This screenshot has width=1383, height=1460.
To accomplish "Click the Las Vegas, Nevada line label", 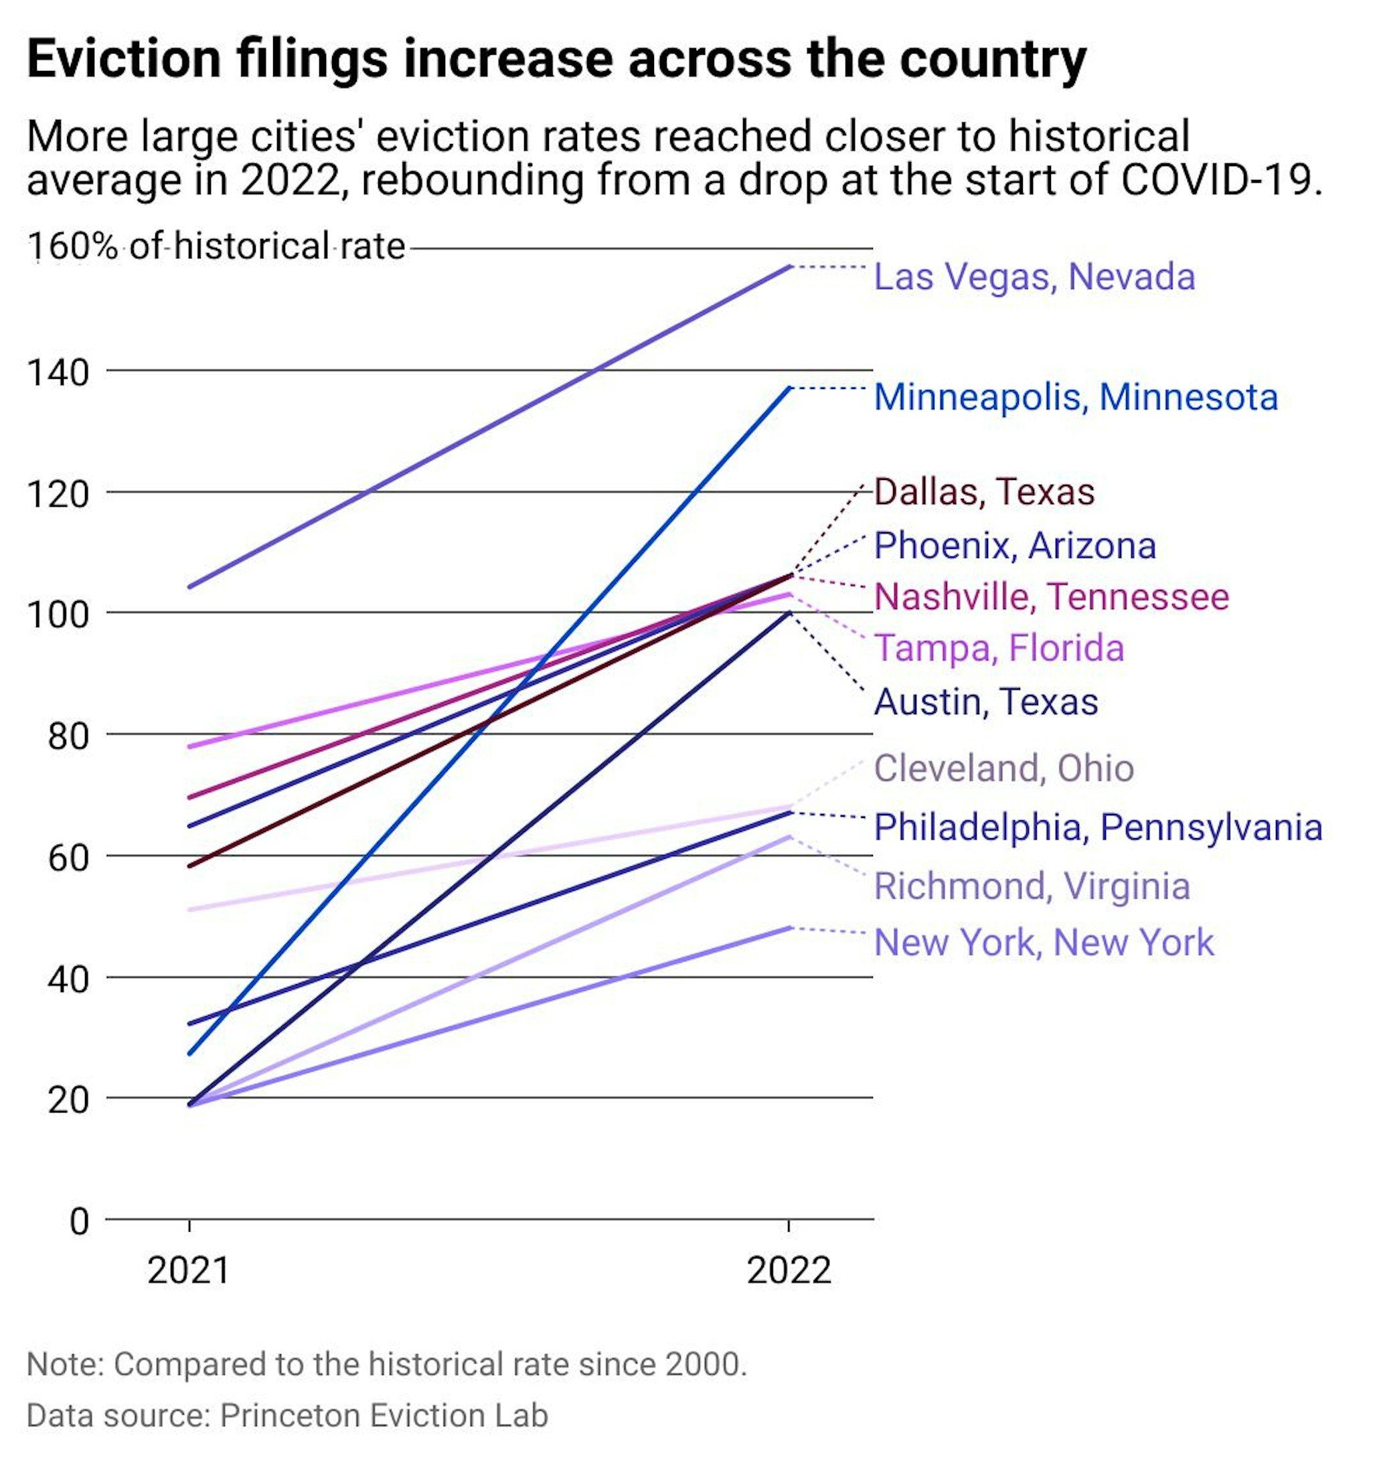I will point(1034,278).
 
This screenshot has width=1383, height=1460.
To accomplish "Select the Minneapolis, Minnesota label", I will point(1075,398).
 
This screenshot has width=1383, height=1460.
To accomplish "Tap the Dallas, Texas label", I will point(983,493).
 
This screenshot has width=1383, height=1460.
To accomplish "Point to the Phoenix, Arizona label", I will point(1014,546).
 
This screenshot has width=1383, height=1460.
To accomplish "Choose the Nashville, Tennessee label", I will point(1051,597).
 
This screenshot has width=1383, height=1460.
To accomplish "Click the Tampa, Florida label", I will point(999,649).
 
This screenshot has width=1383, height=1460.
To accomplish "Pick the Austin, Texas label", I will point(985,702).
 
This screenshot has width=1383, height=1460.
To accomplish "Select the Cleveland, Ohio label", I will point(1003,768).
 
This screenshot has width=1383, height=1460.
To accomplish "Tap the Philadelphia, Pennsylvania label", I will point(1098,827).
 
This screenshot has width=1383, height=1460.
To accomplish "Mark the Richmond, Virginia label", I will point(1032,886).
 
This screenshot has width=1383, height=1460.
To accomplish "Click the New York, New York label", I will point(1043,943).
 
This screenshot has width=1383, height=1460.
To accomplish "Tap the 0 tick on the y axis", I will point(78,1222).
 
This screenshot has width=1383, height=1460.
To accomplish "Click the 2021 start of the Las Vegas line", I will point(190,588).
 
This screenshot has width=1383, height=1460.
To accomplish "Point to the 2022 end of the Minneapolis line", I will point(789,388).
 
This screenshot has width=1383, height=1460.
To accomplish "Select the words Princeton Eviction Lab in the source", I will point(384,1416).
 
